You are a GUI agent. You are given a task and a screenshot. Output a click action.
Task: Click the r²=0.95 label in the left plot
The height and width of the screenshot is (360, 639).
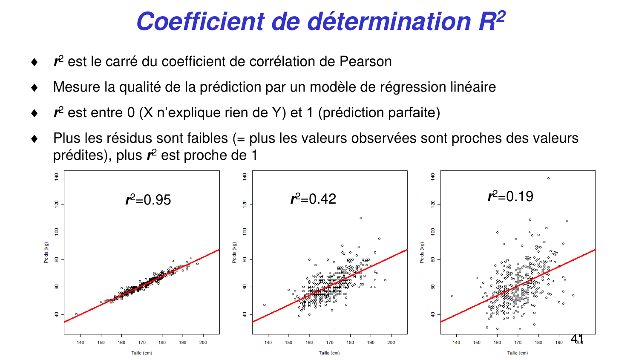pyautogui.click(x=148, y=199)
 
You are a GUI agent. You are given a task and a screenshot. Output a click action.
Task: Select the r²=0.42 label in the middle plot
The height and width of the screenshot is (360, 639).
pyautogui.click(x=313, y=199)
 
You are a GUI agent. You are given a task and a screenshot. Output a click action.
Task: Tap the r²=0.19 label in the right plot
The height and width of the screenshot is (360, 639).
pyautogui.click(x=510, y=196)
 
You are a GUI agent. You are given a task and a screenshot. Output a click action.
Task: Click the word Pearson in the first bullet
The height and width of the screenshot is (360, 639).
pyautogui.click(x=366, y=61)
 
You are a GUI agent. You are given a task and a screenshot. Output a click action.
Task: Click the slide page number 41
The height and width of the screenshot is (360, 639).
pyautogui.click(x=577, y=339)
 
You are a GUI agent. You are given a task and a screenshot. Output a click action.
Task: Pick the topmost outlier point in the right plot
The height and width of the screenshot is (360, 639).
pyautogui.click(x=548, y=179)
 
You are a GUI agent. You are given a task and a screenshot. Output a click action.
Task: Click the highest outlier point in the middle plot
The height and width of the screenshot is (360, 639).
pyautogui.click(x=361, y=218)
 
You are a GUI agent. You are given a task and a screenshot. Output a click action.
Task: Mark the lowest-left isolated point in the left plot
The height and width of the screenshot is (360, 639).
pyautogui.click(x=77, y=314)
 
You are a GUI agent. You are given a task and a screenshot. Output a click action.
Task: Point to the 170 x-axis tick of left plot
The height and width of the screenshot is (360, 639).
pyautogui.click(x=142, y=343)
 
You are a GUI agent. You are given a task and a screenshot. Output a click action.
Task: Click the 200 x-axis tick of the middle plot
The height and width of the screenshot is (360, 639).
pyautogui.click(x=391, y=343)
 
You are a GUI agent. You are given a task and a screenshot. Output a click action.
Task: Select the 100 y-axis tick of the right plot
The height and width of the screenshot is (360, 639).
pyautogui.click(x=433, y=232)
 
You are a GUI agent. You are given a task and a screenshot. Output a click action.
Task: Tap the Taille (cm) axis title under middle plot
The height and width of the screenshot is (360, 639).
pyautogui.click(x=330, y=353)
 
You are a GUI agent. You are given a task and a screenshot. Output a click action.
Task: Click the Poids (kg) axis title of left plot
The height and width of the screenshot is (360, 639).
pyautogui.click(x=46, y=252)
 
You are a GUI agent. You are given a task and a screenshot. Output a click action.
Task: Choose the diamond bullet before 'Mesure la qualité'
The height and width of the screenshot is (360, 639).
pyautogui.click(x=35, y=88)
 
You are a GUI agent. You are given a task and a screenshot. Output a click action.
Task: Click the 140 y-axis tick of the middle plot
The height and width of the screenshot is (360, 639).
pyautogui.click(x=245, y=176)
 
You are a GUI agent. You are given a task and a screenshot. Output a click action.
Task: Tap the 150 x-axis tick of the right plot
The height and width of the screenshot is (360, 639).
pyautogui.click(x=477, y=343)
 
